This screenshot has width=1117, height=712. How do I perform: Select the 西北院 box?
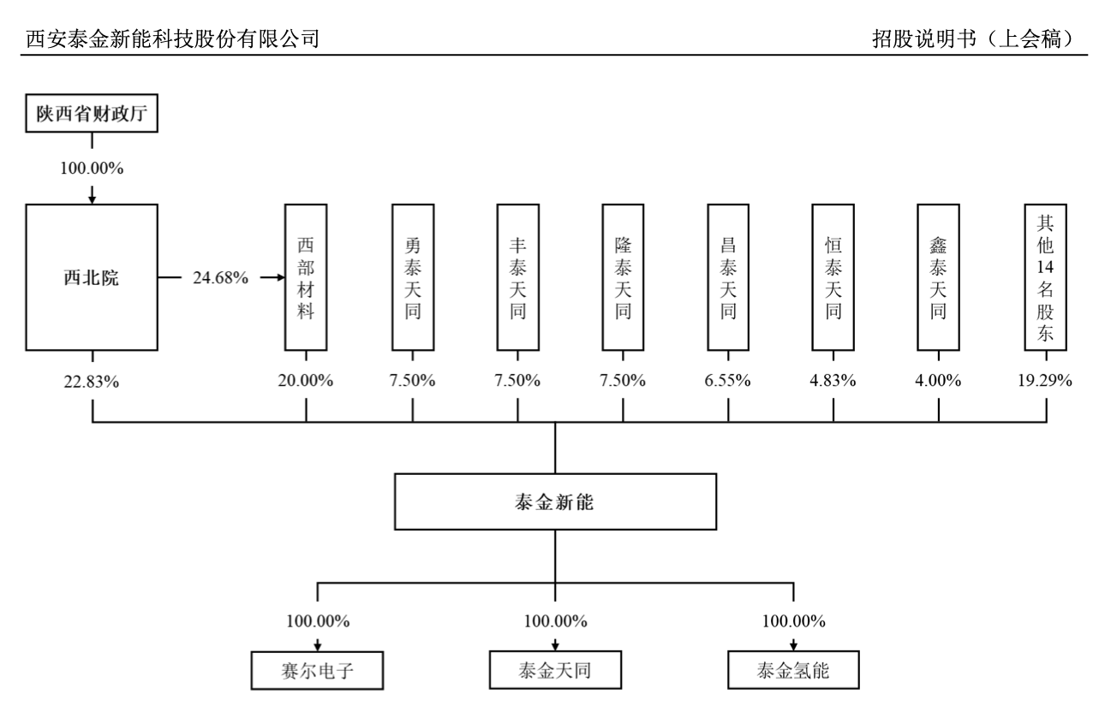tap(92, 278)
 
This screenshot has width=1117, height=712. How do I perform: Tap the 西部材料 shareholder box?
tap(306, 278)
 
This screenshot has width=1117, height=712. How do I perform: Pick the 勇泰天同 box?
tap(412, 278)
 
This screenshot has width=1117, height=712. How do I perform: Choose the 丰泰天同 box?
tap(517, 278)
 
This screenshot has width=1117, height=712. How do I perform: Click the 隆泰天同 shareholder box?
tap(623, 278)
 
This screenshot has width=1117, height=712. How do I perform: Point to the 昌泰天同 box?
tap(728, 278)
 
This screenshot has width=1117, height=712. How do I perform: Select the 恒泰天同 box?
tap(833, 278)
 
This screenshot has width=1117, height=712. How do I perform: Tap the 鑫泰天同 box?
tap(938, 278)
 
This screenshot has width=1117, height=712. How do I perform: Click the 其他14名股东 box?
tap(1046, 278)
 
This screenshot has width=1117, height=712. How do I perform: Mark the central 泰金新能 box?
tap(554, 501)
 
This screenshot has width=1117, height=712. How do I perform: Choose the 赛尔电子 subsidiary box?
tap(317, 670)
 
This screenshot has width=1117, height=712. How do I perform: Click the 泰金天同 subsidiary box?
tap(554, 670)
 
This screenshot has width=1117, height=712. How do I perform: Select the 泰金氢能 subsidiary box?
tap(793, 670)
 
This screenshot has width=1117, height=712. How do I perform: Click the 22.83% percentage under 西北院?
tap(92, 382)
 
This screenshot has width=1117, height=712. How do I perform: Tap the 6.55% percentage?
tap(728, 382)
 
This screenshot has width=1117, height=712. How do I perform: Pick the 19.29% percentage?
tap(1046, 382)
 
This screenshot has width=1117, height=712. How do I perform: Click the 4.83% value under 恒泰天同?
tap(833, 382)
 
